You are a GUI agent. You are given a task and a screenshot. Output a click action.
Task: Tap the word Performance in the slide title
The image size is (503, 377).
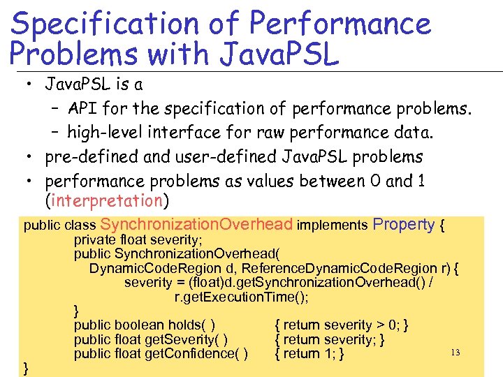340,24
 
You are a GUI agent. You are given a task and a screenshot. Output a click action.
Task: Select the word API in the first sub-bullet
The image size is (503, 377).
83,109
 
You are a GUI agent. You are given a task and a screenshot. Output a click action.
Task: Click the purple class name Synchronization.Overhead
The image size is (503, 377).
196,225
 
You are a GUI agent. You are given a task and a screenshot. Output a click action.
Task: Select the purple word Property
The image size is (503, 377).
404,225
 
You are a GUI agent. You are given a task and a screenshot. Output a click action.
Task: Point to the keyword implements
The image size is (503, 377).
332,226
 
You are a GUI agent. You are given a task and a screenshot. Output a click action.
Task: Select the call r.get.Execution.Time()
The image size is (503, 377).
241,297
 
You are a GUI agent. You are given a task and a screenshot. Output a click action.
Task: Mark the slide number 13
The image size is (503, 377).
455,353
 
